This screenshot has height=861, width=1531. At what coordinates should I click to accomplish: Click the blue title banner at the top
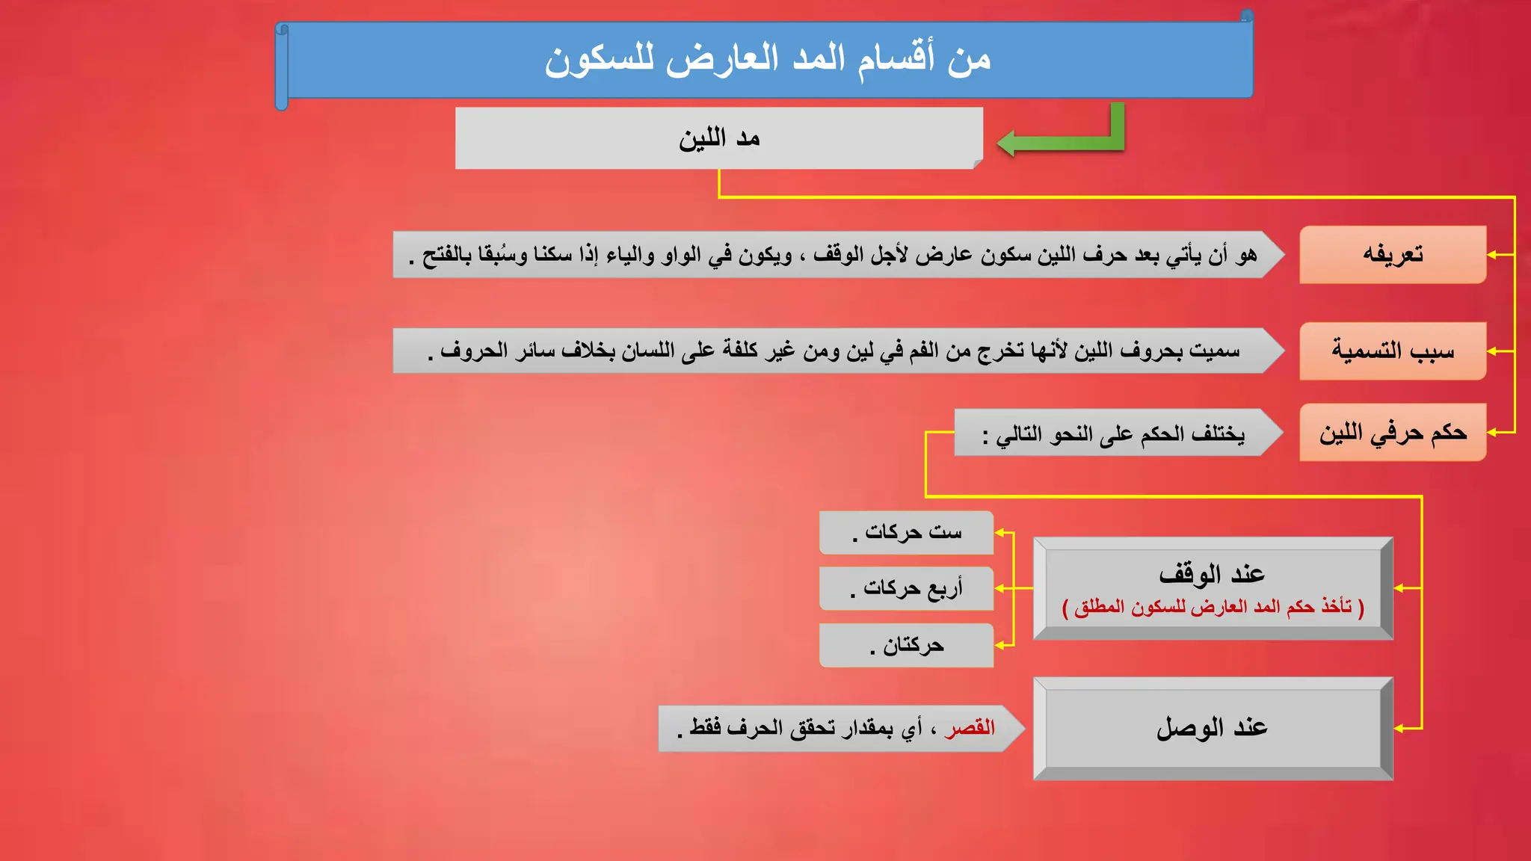tap(767, 60)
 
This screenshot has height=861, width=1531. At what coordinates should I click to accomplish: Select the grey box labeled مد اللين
tap(718, 138)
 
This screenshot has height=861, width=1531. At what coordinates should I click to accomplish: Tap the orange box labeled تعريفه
tap(1392, 255)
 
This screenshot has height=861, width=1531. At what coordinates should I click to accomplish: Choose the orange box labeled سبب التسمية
tap(1392, 351)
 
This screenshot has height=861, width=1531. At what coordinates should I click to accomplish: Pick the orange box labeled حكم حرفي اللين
tap(1392, 433)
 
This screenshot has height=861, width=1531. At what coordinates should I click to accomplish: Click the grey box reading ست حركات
tap(906, 533)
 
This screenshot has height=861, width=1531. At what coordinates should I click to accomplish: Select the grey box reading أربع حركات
tap(906, 589)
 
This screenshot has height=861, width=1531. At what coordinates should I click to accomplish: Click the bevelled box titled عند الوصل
tap(1212, 728)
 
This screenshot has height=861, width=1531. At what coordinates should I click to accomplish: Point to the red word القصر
tap(970, 728)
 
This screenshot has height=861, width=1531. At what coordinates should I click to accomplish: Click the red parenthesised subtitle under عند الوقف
tap(1213, 607)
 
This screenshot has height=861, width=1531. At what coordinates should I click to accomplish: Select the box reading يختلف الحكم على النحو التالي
tap(1114, 433)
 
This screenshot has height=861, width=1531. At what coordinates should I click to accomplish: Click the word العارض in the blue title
tap(722, 60)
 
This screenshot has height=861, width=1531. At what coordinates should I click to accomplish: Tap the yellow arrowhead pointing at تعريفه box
tap(1491, 255)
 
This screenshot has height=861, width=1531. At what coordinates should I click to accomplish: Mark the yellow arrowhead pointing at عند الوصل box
tap(1399, 728)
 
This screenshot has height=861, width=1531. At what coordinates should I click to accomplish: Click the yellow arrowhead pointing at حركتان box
tap(999, 645)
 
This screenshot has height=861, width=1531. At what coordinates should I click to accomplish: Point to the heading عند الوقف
tap(1212, 574)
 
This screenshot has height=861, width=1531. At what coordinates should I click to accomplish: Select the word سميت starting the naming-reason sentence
tap(1215, 351)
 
